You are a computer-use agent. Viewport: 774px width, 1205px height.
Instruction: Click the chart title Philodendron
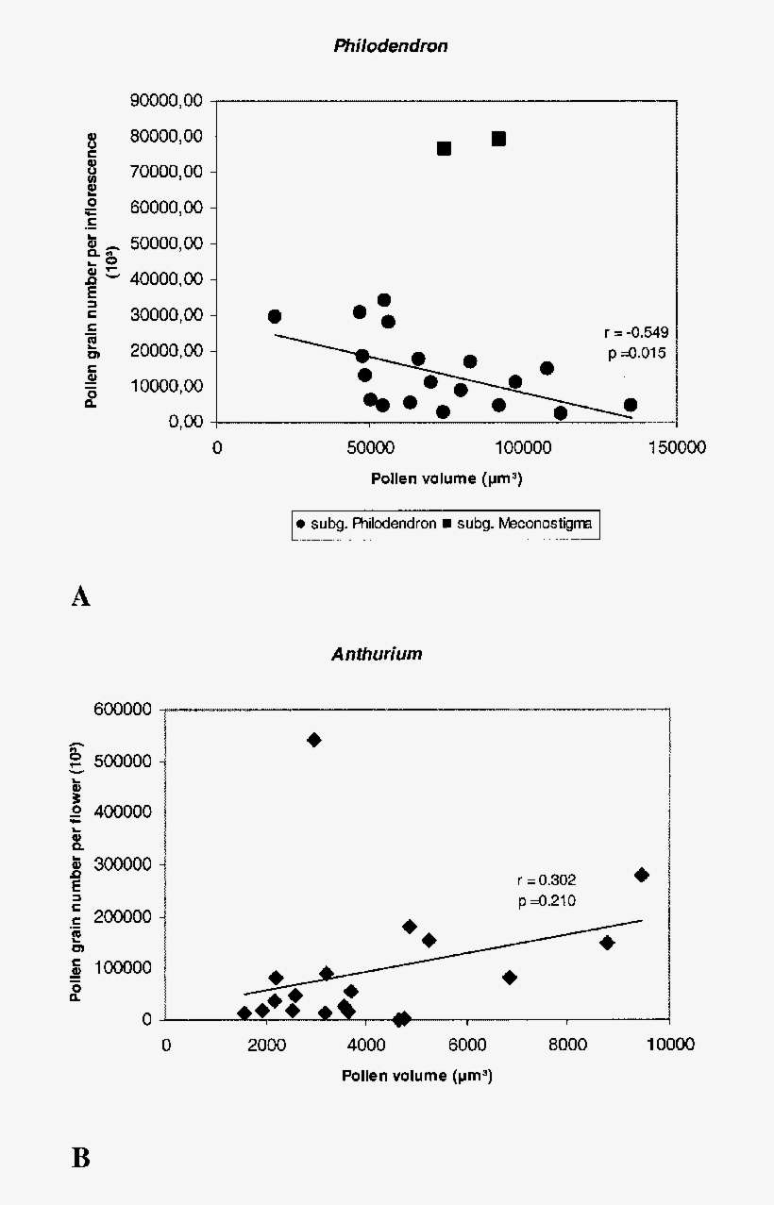click(x=390, y=46)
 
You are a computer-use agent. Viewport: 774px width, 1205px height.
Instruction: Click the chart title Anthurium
click(x=377, y=654)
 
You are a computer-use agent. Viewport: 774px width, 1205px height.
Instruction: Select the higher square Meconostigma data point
click(x=498, y=139)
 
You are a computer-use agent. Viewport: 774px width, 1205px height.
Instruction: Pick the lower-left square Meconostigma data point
click(x=444, y=148)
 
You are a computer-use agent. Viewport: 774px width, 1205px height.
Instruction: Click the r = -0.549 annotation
click(x=636, y=332)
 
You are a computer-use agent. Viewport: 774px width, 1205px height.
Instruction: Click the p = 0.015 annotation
click(x=636, y=353)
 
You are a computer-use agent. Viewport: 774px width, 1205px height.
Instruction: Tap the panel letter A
click(x=81, y=596)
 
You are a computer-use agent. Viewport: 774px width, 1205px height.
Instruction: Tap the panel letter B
click(x=81, y=1158)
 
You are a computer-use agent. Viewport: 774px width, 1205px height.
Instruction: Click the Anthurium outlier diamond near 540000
click(x=314, y=740)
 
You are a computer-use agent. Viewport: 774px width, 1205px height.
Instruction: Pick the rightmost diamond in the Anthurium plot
click(x=642, y=875)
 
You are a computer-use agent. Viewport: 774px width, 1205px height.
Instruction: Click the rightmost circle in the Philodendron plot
click(x=630, y=405)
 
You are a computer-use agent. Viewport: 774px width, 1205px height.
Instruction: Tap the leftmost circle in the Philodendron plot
click(x=275, y=316)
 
